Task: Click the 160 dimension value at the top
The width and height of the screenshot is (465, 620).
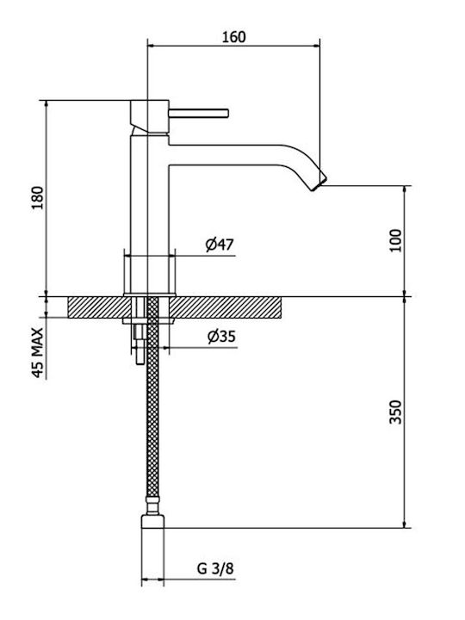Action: click(x=233, y=36)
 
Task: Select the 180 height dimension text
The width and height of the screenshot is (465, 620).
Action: click(x=38, y=198)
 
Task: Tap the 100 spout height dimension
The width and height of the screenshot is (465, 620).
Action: click(x=395, y=240)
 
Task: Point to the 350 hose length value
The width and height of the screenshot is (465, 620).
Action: click(x=395, y=412)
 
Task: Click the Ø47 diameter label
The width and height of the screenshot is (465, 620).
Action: click(x=220, y=245)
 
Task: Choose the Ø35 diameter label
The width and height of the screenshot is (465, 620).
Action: click(x=221, y=337)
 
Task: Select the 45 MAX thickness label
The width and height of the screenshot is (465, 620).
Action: click(x=37, y=353)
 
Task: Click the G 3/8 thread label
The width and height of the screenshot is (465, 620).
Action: click(x=215, y=568)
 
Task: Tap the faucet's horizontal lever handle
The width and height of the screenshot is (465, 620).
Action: click(x=199, y=113)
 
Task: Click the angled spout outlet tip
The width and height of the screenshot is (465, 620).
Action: click(x=319, y=183)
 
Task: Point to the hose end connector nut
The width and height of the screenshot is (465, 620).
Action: click(x=152, y=521)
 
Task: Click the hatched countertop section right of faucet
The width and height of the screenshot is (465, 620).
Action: click(x=227, y=307)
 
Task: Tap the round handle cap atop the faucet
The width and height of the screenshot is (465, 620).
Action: click(x=150, y=116)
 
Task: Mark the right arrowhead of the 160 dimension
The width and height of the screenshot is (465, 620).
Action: click(x=315, y=46)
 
